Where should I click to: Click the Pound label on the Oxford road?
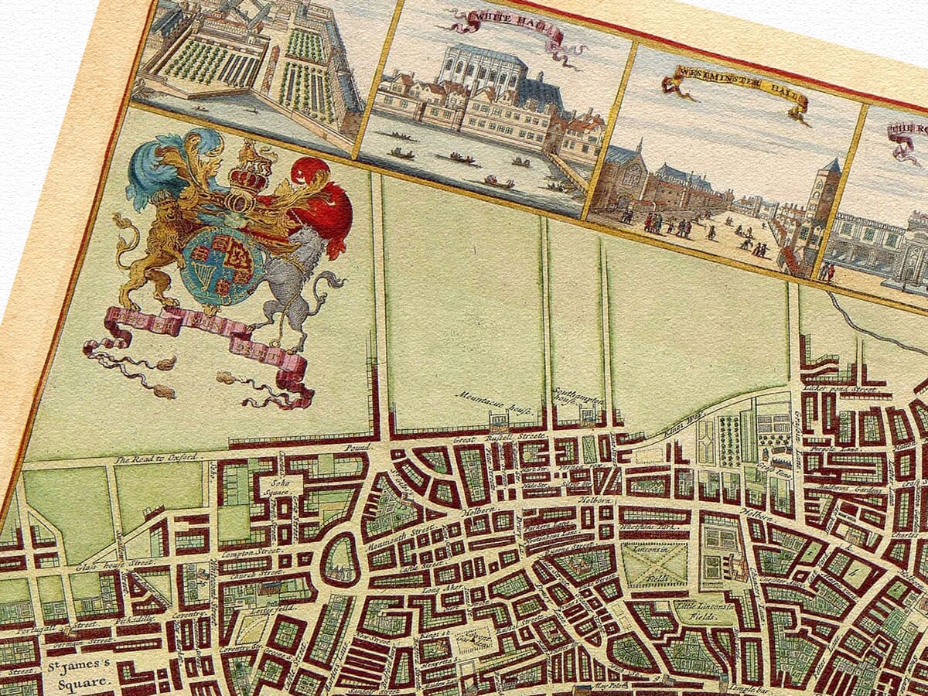[x=358, y=446]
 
